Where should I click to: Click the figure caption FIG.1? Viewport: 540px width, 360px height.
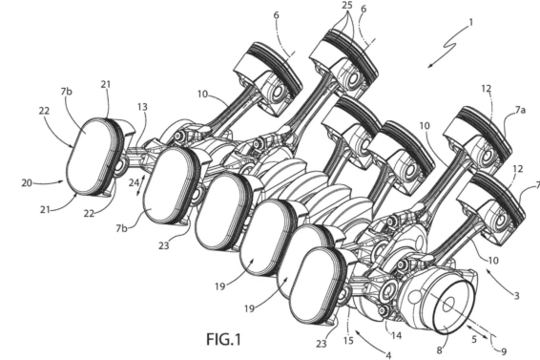tap(223, 339)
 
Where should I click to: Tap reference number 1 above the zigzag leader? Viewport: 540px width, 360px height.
tap(470, 22)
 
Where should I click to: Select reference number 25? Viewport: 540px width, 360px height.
tap(348, 6)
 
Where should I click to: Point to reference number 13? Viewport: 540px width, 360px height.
tap(142, 107)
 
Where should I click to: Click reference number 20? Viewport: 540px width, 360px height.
tap(27, 183)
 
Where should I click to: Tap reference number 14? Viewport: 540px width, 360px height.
tap(396, 335)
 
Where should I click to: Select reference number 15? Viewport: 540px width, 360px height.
tap(348, 340)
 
